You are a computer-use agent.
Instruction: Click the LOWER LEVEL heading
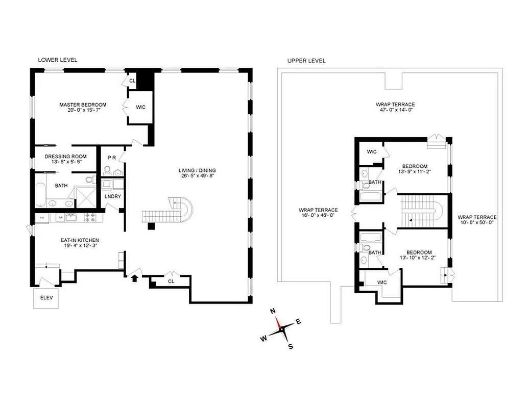coord(58,60)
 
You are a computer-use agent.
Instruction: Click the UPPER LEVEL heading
coord(306,60)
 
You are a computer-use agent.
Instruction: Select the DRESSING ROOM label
coord(65,157)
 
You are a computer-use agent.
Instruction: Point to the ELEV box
coord(46,299)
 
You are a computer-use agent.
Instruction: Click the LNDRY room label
coord(112,196)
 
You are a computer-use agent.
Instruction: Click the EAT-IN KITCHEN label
coord(79,240)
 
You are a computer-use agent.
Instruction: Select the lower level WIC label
coord(140,107)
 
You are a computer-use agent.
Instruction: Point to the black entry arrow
coord(135,278)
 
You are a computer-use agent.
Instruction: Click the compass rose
coord(282,330)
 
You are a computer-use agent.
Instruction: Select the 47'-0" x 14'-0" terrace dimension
coord(395,110)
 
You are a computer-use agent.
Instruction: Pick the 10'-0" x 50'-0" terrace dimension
coord(477,222)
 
